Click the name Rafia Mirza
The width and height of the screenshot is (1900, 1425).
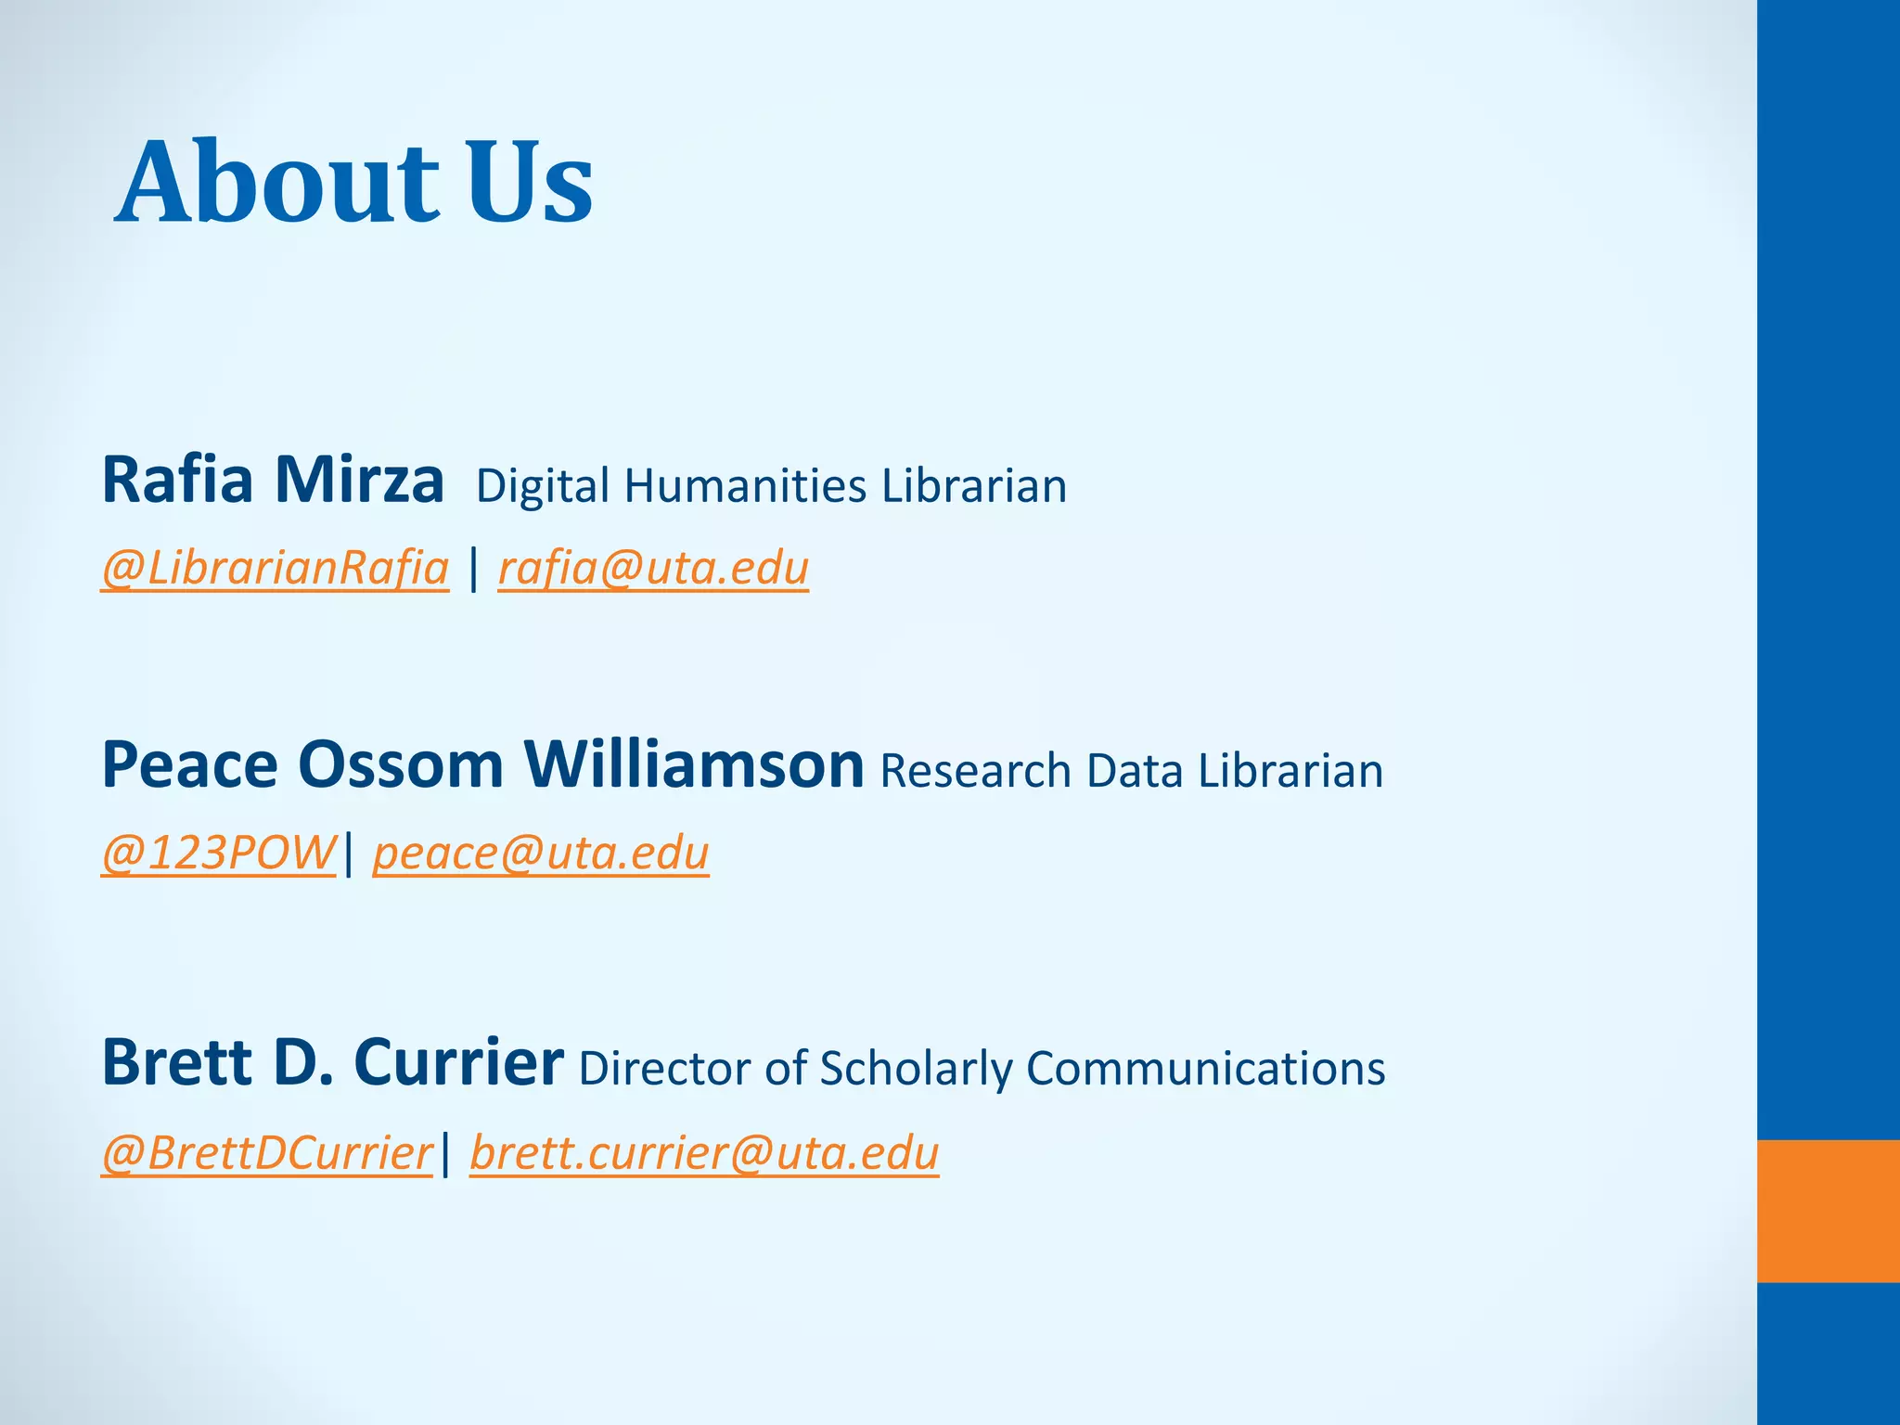(x=273, y=481)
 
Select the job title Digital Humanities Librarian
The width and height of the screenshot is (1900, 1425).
(x=771, y=486)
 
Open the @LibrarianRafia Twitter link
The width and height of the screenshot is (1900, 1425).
(x=276, y=568)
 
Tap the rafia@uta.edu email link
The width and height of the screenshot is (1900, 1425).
(x=653, y=568)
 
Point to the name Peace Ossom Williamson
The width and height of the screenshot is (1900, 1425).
(x=482, y=765)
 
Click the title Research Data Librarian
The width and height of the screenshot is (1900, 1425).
(x=1131, y=771)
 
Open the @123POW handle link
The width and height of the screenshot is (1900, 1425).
(x=219, y=853)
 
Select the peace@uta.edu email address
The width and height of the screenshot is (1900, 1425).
(x=541, y=853)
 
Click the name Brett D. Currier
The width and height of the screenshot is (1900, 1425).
(x=332, y=1062)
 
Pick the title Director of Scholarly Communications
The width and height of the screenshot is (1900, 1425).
(x=982, y=1068)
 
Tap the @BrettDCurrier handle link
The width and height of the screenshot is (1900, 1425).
(x=267, y=1153)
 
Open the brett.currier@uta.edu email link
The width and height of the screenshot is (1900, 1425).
(x=704, y=1153)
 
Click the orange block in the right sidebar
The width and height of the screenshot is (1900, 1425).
(x=1828, y=1211)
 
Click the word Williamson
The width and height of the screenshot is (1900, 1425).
(x=694, y=765)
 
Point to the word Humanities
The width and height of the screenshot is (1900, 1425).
(x=745, y=486)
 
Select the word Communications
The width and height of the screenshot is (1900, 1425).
(x=1205, y=1068)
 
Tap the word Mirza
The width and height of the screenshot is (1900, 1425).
(x=360, y=481)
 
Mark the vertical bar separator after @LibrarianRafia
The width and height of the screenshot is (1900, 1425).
(x=474, y=568)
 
